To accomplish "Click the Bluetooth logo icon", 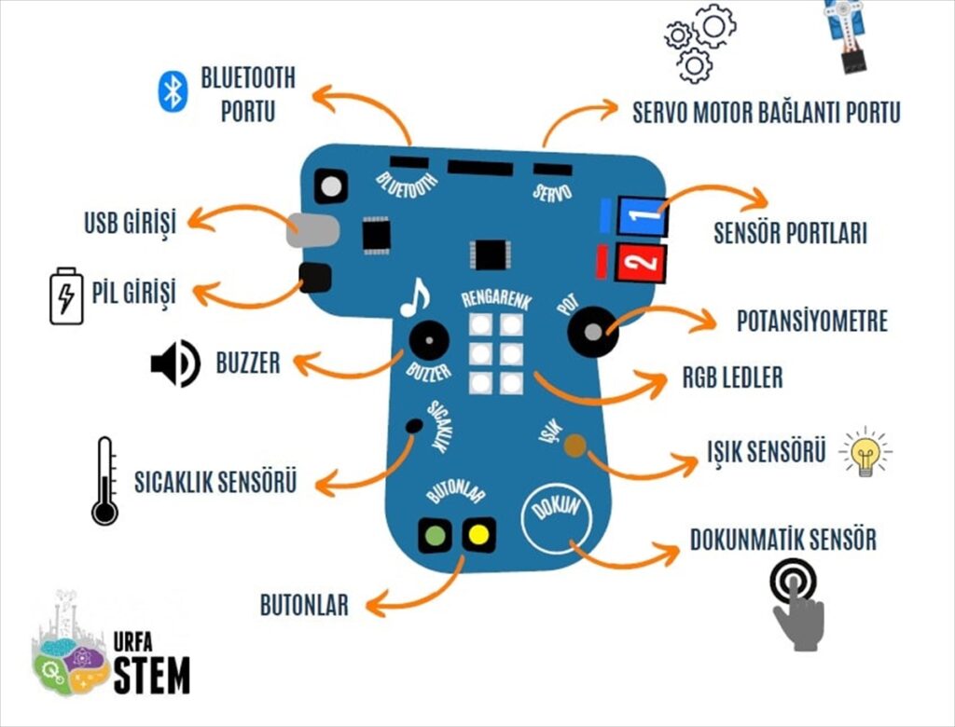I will click(x=173, y=91).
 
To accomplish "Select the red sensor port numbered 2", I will click(x=642, y=262).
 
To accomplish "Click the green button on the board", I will click(x=435, y=535).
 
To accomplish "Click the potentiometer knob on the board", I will click(x=593, y=330).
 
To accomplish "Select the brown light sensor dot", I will click(x=574, y=446).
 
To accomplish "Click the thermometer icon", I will click(x=104, y=481).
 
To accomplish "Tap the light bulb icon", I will click(x=865, y=453).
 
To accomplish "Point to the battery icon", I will click(x=66, y=295).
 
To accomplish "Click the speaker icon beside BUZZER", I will click(x=175, y=363).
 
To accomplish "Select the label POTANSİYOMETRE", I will click(x=811, y=322).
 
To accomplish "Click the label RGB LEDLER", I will click(x=732, y=378).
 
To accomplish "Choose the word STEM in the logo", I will click(x=151, y=675).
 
